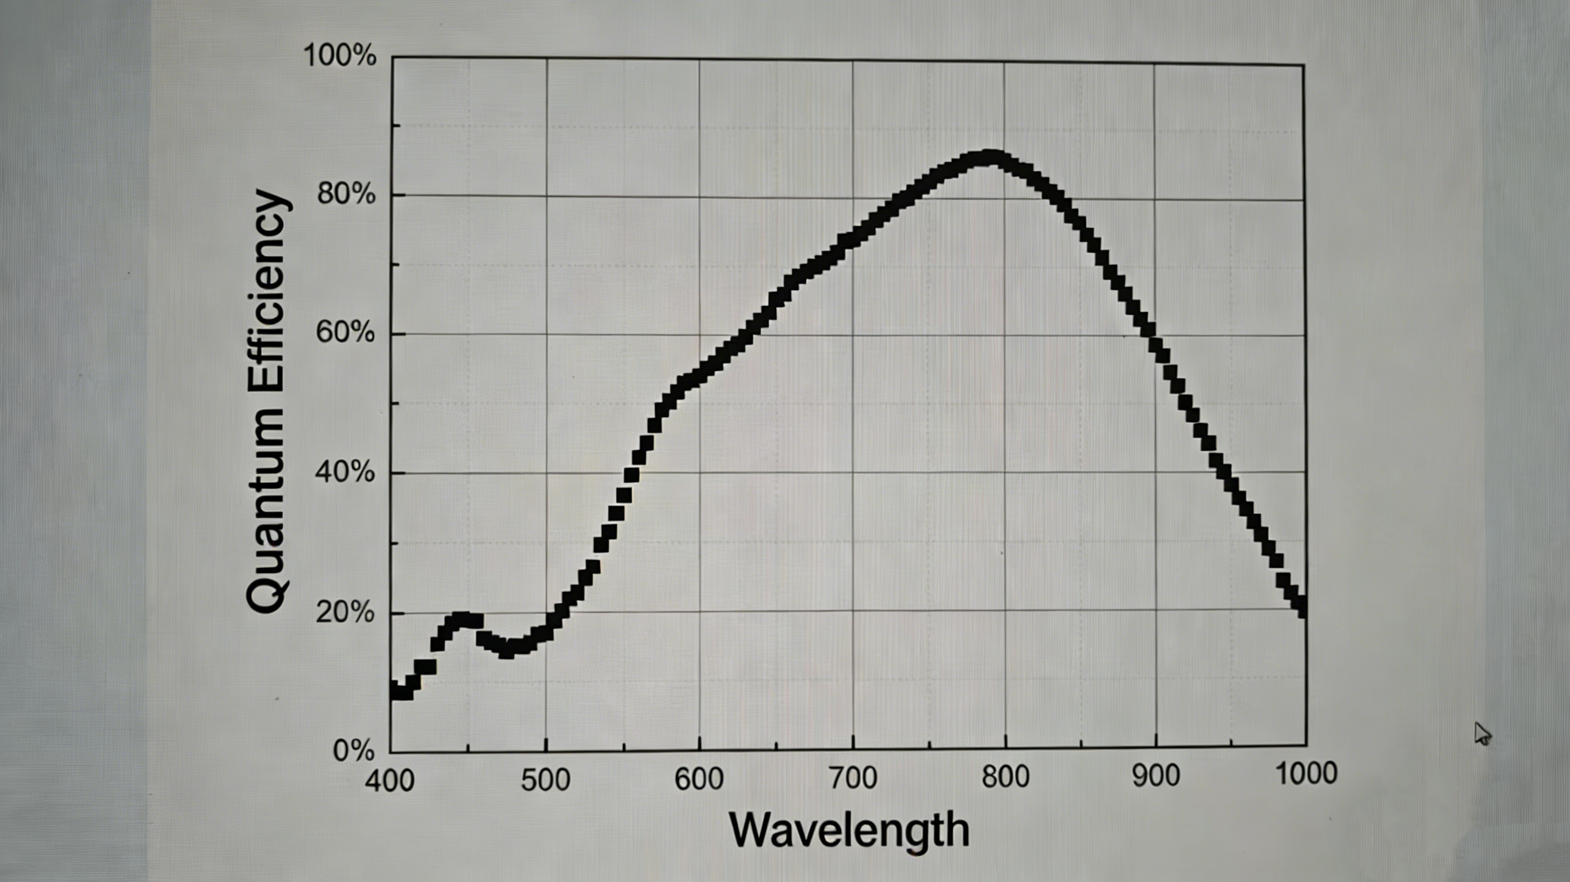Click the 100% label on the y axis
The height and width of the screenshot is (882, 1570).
tap(339, 56)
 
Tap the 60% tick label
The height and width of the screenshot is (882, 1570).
tap(345, 333)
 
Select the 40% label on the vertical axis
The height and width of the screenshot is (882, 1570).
tap(344, 472)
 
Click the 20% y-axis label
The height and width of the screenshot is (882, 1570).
tap(345, 611)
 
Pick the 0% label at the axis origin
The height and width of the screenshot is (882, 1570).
tap(354, 750)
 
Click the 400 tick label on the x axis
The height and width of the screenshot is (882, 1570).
tap(389, 780)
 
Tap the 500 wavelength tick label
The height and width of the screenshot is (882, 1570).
tap(546, 780)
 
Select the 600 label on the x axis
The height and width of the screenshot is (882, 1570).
tap(699, 779)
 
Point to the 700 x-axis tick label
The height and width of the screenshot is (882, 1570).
tap(853, 778)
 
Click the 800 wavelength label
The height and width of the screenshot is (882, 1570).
tap(1005, 777)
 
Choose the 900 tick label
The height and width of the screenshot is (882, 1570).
tap(1156, 775)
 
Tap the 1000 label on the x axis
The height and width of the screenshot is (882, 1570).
tap(1306, 773)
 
